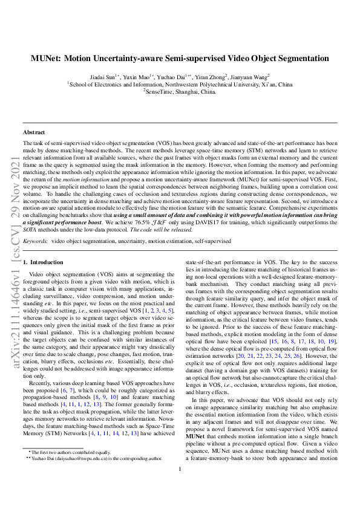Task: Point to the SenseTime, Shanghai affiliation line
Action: (180, 92)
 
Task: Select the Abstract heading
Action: (33, 132)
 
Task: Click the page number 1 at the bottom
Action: (180, 486)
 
